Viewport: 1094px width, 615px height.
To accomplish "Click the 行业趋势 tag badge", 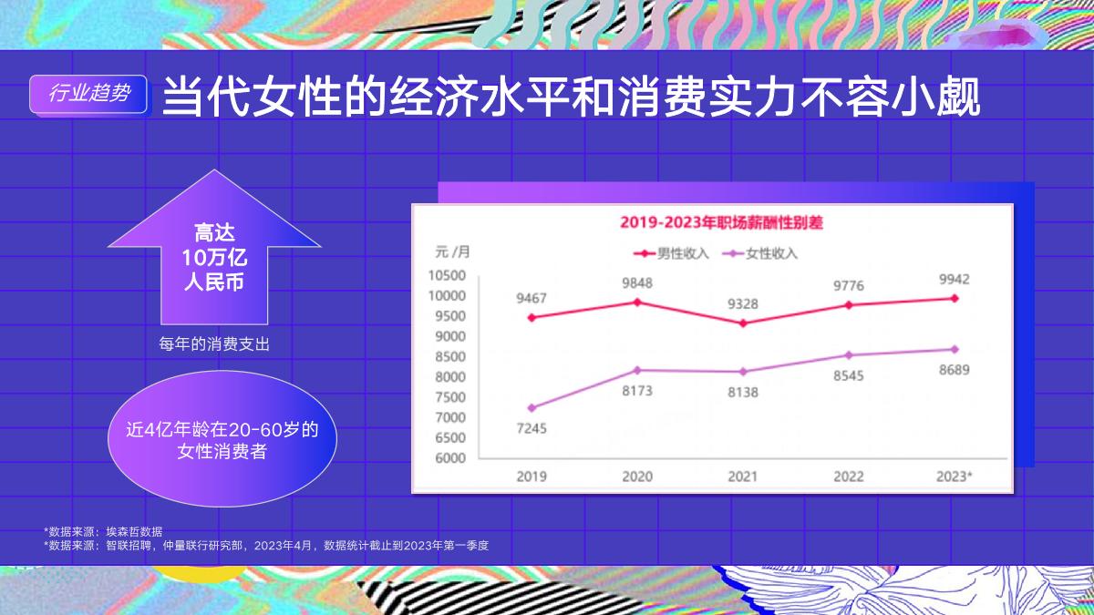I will (x=88, y=93).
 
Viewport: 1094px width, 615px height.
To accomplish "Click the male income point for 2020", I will (x=637, y=302).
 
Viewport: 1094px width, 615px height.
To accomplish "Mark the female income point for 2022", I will (x=849, y=355).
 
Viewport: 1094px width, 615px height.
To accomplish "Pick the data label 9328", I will (x=743, y=303).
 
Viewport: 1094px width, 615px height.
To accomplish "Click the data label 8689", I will (x=955, y=370).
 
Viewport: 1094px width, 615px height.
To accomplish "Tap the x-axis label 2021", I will (x=743, y=477).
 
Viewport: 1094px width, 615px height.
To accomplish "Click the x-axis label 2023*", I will (x=955, y=477).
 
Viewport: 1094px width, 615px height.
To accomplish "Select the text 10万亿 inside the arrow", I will (x=214, y=257).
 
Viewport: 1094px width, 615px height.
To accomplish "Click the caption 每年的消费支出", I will (x=214, y=344).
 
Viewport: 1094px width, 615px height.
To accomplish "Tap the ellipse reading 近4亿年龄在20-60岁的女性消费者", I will (x=222, y=440).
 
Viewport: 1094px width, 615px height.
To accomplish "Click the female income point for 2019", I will (x=532, y=407).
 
